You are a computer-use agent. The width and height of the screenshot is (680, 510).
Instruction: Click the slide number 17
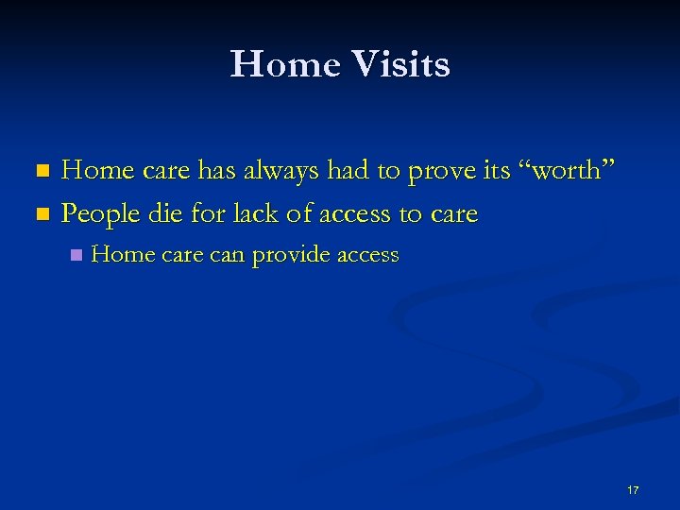(632, 490)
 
